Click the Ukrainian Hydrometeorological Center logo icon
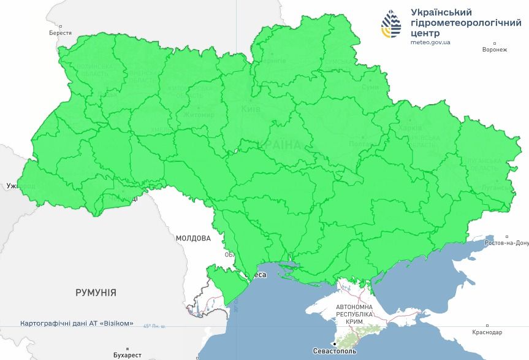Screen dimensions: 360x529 (x=391, y=24)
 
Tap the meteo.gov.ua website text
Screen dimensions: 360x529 (x=430, y=42)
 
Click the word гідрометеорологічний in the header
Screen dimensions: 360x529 (x=465, y=23)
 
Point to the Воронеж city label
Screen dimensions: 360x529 (x=495, y=50)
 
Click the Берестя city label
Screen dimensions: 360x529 (x=60, y=33)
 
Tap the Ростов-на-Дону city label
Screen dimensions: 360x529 (x=506, y=243)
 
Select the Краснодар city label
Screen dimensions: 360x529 (x=487, y=332)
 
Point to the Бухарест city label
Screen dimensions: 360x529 (x=127, y=355)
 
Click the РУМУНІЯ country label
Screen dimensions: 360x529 (x=96, y=293)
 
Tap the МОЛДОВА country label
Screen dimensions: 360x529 (x=193, y=238)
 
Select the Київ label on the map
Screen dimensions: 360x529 (x=251, y=109)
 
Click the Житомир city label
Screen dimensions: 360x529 (x=199, y=115)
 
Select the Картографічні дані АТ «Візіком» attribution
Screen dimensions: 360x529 (x=77, y=323)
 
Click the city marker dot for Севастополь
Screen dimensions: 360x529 (x=334, y=344)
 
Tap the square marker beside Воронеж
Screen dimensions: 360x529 (x=495, y=44)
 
